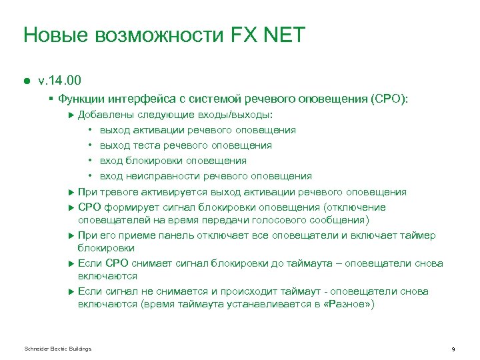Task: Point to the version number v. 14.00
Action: (x=59, y=81)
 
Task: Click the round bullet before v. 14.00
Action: (x=27, y=81)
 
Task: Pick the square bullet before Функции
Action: (x=51, y=99)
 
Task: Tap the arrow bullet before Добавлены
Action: (x=72, y=115)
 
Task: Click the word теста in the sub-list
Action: (x=147, y=145)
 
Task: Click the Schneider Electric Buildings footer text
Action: (x=57, y=349)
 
